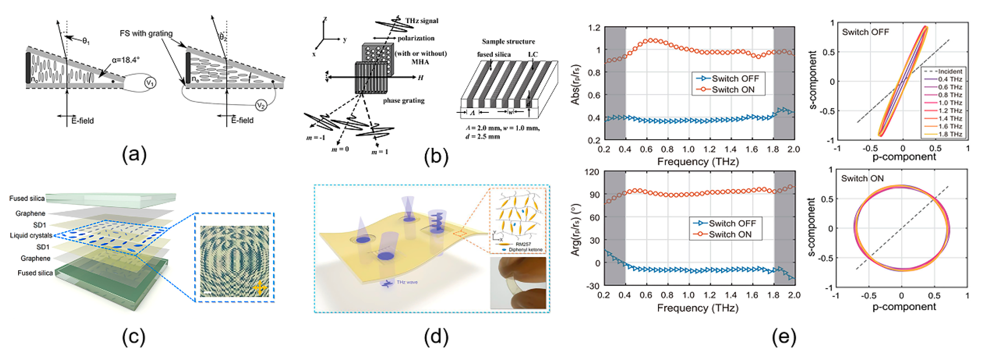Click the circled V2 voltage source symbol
tap(261, 105)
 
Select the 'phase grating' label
tap(403, 101)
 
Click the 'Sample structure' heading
tap(508, 41)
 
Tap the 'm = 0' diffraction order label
tap(340, 149)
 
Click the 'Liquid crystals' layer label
tap(31, 235)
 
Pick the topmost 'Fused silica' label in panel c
tap(27, 198)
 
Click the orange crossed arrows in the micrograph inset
tap(260, 287)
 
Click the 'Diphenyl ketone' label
tap(525, 250)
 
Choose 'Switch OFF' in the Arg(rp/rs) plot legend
tap(732, 223)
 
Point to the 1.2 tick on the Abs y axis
tap(594, 28)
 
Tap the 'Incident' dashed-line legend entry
tap(950, 71)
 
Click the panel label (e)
tap(784, 337)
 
